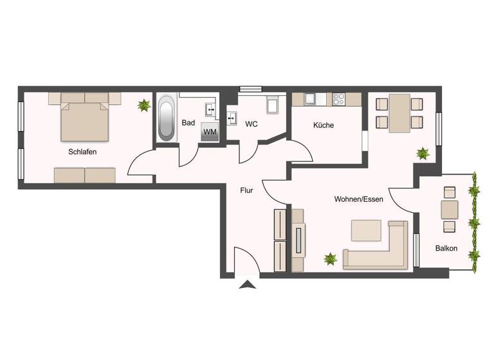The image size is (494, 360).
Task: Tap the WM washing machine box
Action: [210, 131]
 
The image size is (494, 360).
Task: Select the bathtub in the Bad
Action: [167, 118]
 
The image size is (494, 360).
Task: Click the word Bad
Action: [188, 123]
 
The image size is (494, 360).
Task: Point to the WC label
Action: [251, 124]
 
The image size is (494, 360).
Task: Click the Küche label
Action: [324, 125]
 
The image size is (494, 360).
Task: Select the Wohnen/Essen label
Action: [358, 199]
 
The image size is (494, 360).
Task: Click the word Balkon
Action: [446, 248]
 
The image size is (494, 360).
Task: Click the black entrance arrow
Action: [247, 285]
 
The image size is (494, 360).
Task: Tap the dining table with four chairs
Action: [399, 113]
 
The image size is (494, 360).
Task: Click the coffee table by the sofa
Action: [365, 230]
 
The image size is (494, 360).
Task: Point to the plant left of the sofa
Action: [330, 260]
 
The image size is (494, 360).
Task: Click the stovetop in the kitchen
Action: [339, 99]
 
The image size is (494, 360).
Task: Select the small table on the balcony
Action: [450, 209]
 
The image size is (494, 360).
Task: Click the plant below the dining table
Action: [423, 153]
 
